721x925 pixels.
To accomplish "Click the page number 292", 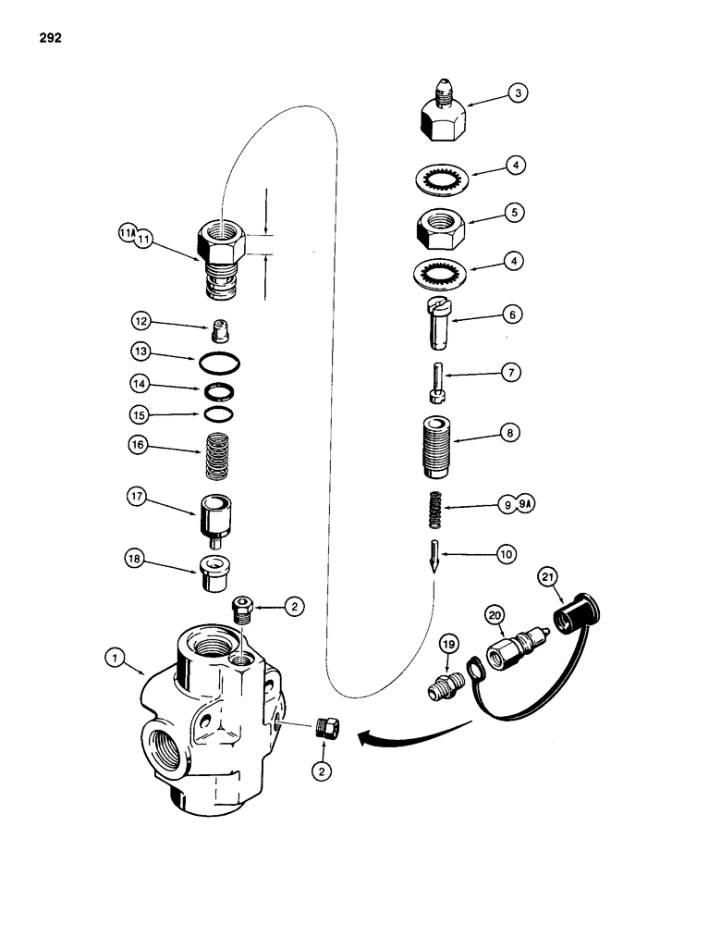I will coord(53,38).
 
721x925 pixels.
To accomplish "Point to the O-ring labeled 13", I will coord(220,360).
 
